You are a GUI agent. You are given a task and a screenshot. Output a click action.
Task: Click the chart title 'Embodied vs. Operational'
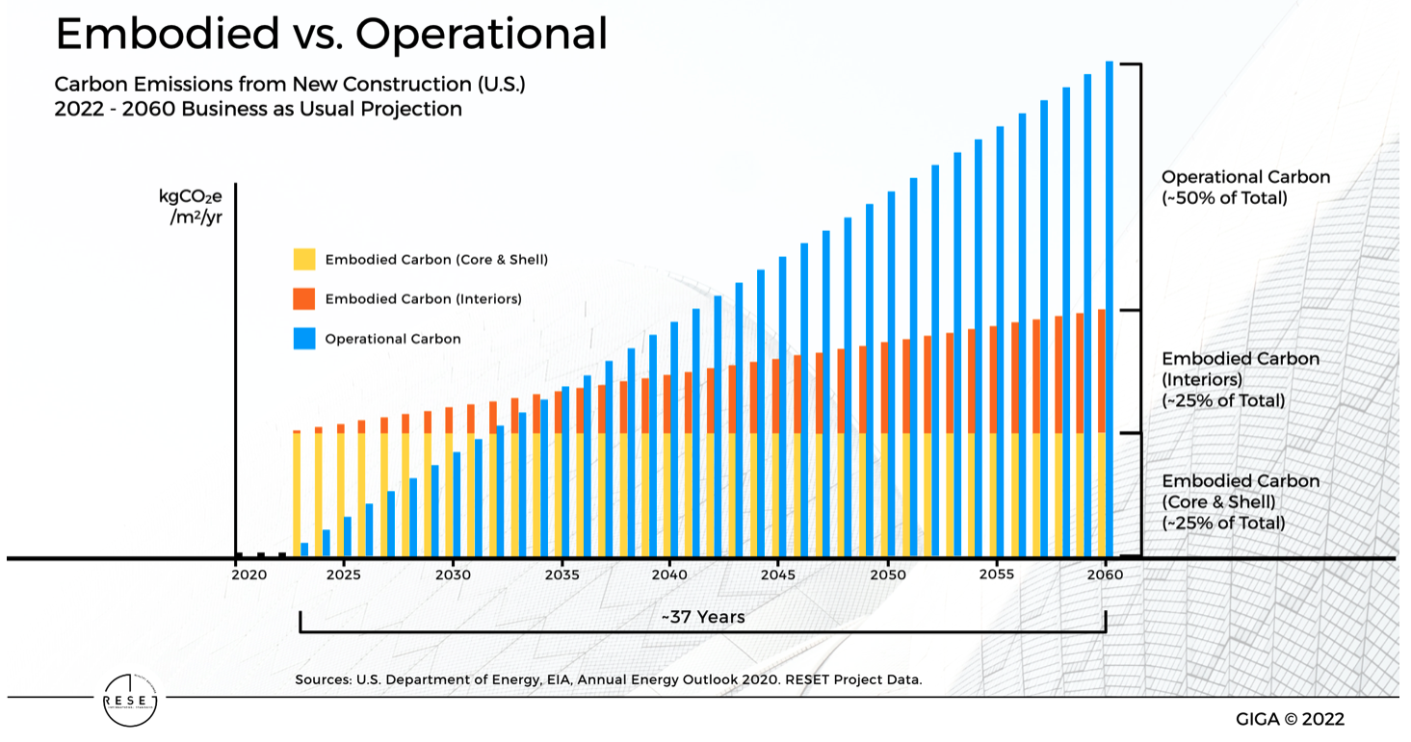(x=331, y=35)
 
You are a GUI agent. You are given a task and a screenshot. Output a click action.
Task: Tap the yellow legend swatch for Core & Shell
(x=304, y=259)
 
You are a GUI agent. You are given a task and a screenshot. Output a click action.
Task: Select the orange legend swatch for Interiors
(x=304, y=298)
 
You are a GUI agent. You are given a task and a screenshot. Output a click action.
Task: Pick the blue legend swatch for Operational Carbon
(x=304, y=339)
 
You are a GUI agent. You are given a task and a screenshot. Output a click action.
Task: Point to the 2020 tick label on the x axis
(x=248, y=575)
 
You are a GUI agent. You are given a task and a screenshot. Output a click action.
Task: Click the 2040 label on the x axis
(x=669, y=575)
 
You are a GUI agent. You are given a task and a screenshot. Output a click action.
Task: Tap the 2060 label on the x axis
(x=1104, y=575)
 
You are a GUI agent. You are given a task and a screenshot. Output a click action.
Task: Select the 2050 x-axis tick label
(x=887, y=575)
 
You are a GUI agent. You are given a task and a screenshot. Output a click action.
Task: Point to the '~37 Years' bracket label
(x=702, y=617)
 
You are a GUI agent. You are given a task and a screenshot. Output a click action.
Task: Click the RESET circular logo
(x=129, y=698)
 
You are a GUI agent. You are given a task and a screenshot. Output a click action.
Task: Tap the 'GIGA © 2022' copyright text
(x=1290, y=719)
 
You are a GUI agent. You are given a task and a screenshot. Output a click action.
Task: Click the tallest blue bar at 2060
(x=1109, y=308)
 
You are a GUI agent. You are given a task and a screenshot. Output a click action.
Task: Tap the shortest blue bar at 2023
(x=304, y=550)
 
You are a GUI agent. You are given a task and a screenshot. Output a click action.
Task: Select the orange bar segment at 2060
(x=1101, y=371)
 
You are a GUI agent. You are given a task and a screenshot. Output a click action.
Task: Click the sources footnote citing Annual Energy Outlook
(x=609, y=679)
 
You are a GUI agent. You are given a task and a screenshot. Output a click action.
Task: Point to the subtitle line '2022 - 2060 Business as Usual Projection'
(x=258, y=109)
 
